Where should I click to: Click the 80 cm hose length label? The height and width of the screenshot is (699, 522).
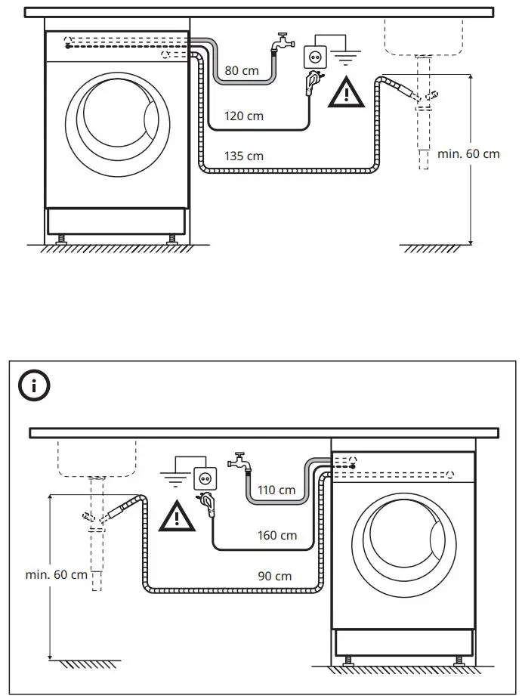(x=242, y=70)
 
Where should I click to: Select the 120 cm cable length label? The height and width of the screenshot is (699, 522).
(x=245, y=116)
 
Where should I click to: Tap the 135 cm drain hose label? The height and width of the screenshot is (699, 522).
(x=244, y=156)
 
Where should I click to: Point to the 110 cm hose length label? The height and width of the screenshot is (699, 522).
(x=276, y=490)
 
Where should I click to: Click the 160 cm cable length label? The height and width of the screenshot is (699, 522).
(x=277, y=536)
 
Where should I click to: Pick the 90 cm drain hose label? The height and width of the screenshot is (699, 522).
(x=274, y=576)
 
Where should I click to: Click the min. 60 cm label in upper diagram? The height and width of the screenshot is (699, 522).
(x=468, y=153)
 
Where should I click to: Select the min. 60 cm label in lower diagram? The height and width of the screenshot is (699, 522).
(x=57, y=574)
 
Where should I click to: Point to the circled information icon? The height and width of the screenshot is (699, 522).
(x=34, y=386)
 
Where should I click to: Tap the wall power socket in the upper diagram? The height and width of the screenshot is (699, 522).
(x=314, y=56)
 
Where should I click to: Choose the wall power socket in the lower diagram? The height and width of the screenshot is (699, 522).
(x=205, y=478)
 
